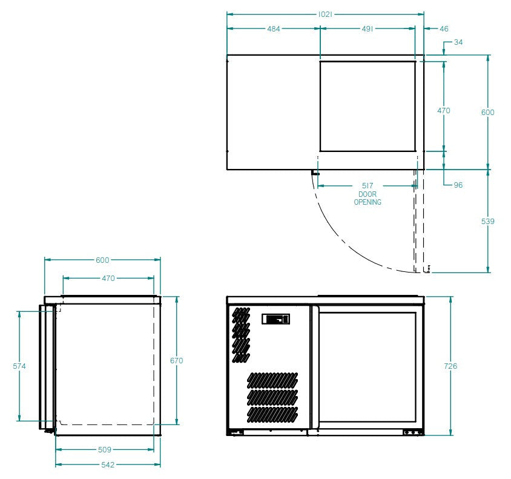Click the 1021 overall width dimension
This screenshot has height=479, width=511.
326,13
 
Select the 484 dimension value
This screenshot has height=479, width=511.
273,28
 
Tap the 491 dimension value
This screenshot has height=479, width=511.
367,28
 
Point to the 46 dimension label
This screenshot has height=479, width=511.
444,28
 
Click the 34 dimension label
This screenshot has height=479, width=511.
458,42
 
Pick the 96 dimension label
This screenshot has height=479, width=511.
458,185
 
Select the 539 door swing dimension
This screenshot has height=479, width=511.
487,222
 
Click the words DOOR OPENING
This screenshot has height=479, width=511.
368,199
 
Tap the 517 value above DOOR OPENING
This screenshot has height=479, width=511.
368,185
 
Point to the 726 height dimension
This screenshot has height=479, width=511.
451,366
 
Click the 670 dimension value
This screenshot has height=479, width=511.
176,360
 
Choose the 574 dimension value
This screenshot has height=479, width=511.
19,366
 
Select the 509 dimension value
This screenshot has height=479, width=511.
104,450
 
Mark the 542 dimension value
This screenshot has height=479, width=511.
108,464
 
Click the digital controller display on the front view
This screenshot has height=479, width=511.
276,319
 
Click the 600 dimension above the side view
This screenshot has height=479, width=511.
102,260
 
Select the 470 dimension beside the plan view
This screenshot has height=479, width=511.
444,111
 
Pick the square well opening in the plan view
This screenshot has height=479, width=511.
368,106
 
